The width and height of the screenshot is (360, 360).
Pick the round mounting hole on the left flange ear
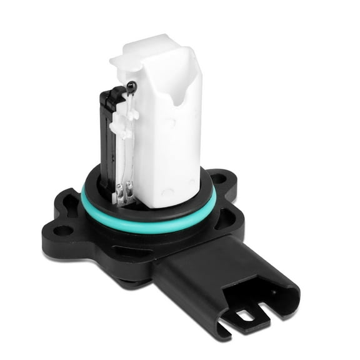(x=64, y=230)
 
